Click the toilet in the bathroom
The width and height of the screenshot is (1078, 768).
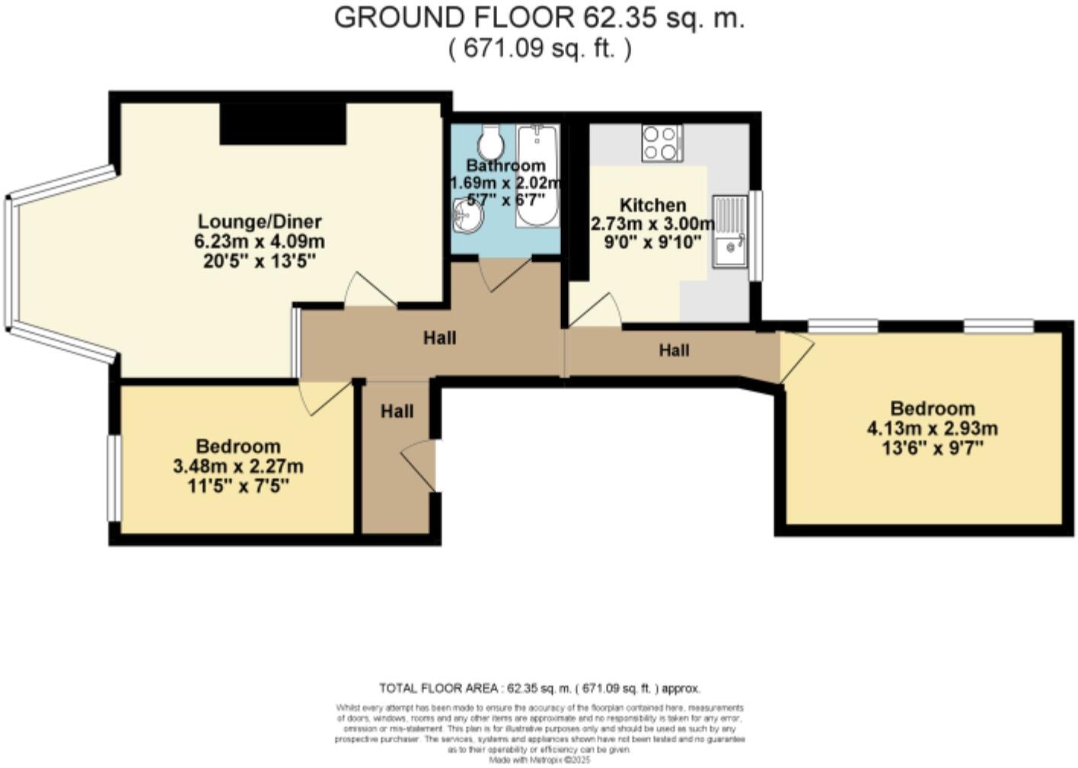click(492, 141)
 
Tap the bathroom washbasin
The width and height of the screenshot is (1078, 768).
click(466, 217)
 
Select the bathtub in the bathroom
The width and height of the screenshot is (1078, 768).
click(537, 177)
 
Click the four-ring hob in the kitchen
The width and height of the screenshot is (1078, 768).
click(661, 143)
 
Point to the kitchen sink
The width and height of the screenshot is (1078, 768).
click(729, 231)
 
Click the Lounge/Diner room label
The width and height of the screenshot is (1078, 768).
click(260, 222)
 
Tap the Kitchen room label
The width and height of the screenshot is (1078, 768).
click(652, 205)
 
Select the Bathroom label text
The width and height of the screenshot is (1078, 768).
click(506, 165)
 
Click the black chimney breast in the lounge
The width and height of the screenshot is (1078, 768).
click(283, 123)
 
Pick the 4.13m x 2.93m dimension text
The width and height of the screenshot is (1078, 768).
click(932, 428)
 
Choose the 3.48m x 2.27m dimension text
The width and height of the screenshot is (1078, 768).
click(238, 466)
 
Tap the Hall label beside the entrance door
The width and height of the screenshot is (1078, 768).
click(397, 411)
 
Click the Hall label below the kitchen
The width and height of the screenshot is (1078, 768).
click(674, 350)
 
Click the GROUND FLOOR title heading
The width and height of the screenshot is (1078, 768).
click(539, 18)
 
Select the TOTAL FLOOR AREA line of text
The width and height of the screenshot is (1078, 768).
click(539, 689)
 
